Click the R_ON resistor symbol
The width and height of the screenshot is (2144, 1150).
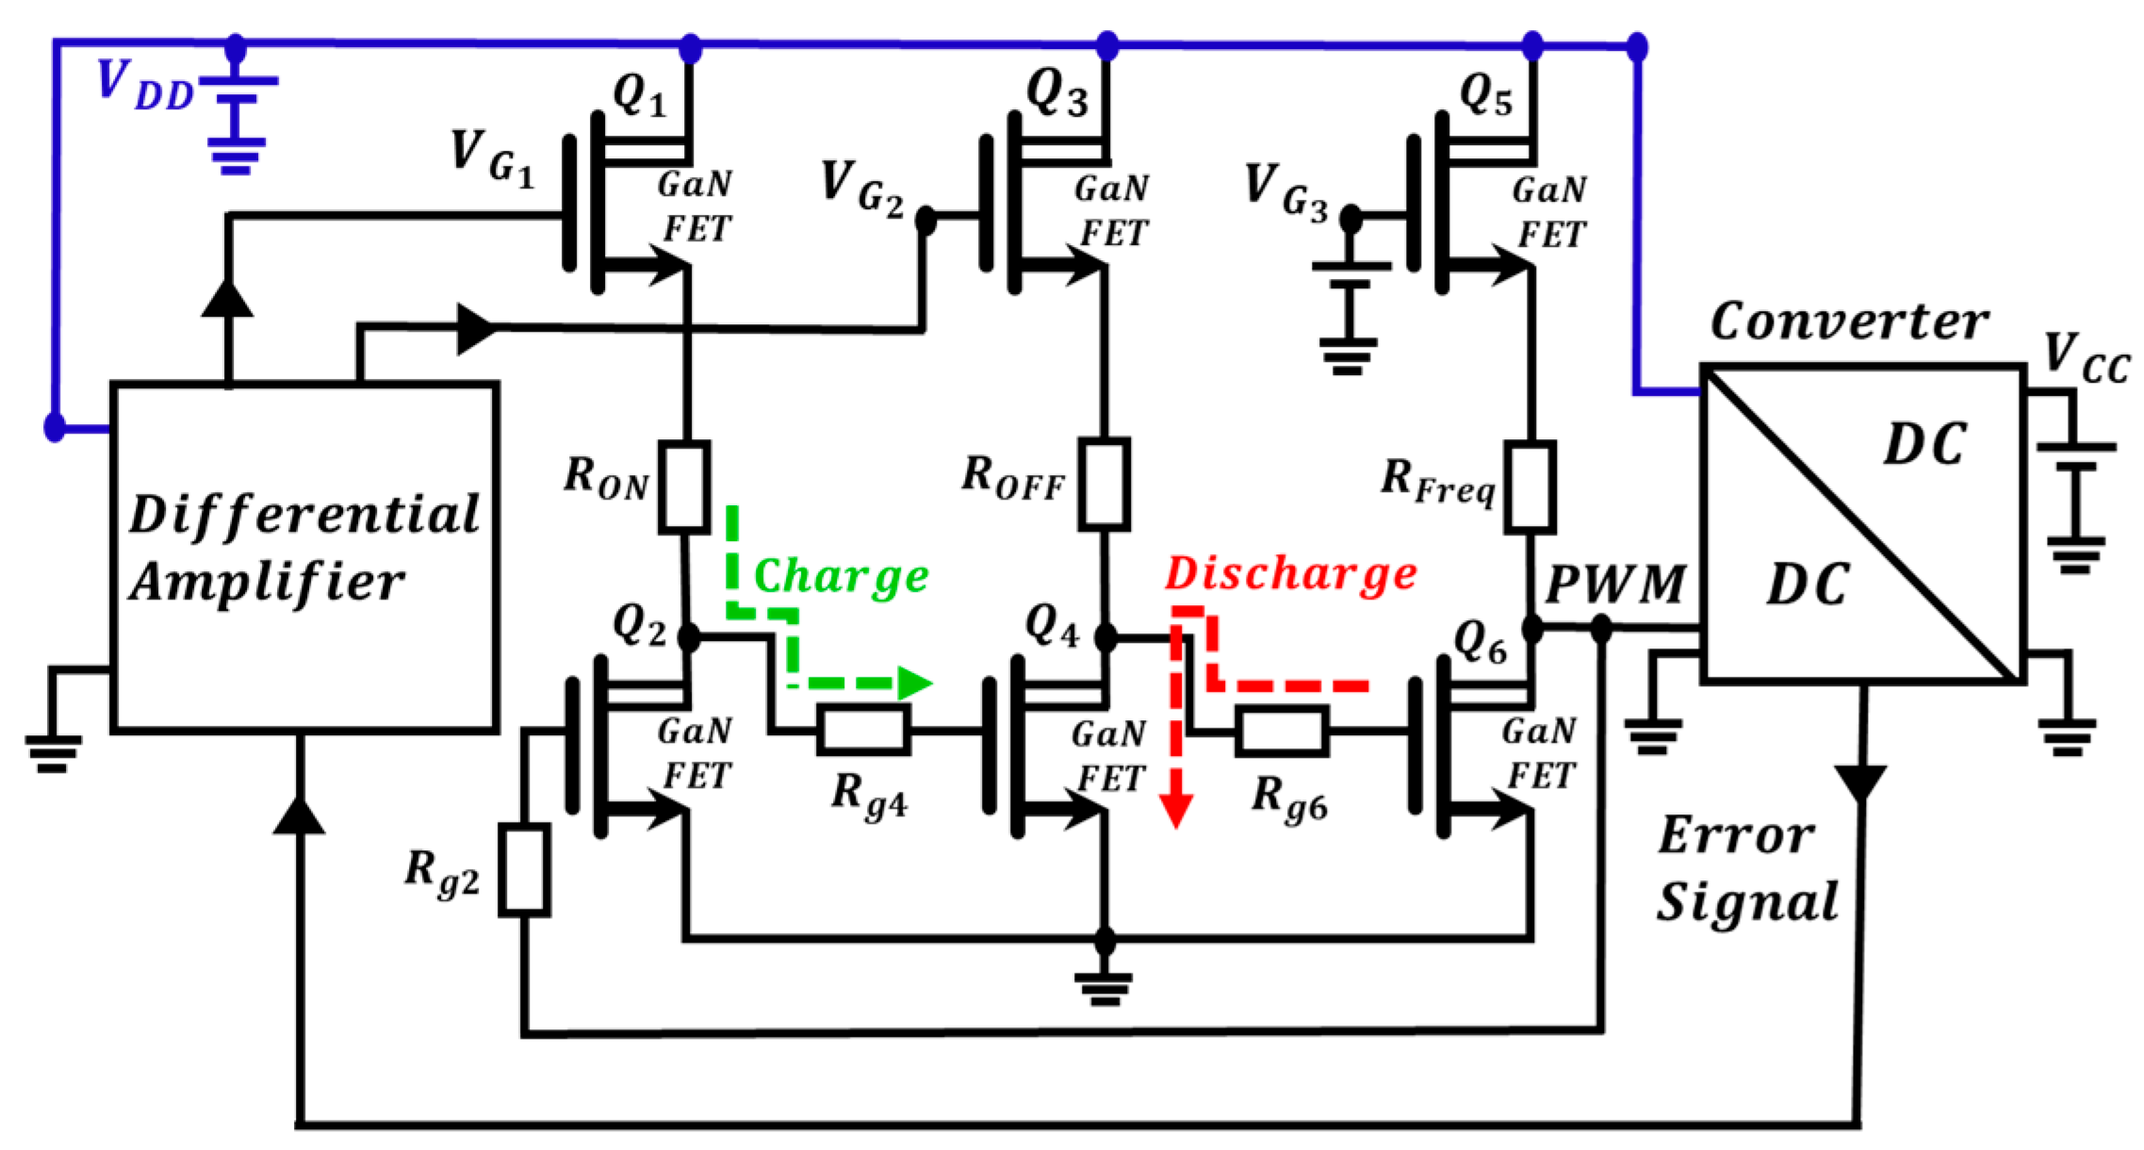click(x=684, y=486)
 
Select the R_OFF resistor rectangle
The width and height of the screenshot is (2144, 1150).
click(x=1104, y=484)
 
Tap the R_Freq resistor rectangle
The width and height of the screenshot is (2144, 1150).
click(x=1529, y=486)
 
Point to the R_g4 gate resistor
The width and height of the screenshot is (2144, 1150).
click(x=863, y=730)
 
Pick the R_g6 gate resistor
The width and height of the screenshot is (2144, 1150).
click(x=1282, y=731)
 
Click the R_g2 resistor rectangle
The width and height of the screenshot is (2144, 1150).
click(x=524, y=869)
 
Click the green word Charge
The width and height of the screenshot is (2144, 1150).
click(x=841, y=576)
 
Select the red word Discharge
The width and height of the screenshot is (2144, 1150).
click(x=1291, y=573)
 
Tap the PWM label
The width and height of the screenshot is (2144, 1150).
click(x=1615, y=584)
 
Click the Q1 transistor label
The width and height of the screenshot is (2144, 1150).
click(x=639, y=94)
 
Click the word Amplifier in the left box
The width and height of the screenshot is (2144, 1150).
click(x=268, y=581)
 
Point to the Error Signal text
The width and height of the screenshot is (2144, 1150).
click(x=1745, y=869)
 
